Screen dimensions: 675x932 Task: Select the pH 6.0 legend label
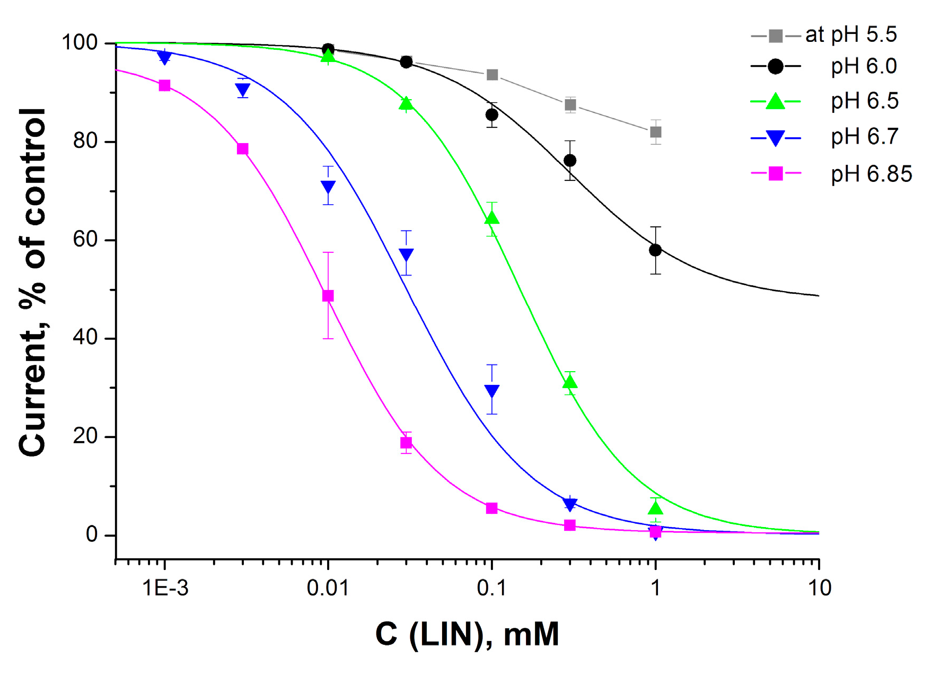[x=864, y=66]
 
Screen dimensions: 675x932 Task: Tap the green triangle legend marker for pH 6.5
[x=775, y=101]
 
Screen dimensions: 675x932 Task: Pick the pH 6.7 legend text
[x=864, y=137]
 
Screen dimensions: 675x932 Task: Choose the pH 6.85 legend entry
[x=871, y=174]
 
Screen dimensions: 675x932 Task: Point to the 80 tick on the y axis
[x=85, y=142]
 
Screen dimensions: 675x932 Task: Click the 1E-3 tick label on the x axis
[x=165, y=588]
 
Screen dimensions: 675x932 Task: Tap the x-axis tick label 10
[x=819, y=588]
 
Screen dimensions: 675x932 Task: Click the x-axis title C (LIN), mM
[x=467, y=634]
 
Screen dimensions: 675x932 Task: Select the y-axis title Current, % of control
[x=33, y=281]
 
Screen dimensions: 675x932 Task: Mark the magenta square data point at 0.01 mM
[x=328, y=296]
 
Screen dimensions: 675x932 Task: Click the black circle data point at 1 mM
[x=655, y=250]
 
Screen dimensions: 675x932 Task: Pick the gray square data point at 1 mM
[x=655, y=132]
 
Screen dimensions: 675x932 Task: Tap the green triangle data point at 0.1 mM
[x=491, y=218]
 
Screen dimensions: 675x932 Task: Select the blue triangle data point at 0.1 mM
[x=491, y=391]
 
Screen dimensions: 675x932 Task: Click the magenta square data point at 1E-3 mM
[x=165, y=85]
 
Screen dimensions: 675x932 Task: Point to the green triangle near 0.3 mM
[x=570, y=382]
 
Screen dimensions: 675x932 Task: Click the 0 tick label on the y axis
[x=92, y=535]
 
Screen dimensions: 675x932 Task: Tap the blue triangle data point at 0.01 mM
[x=328, y=187]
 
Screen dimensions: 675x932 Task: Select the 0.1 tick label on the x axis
[x=491, y=588]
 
